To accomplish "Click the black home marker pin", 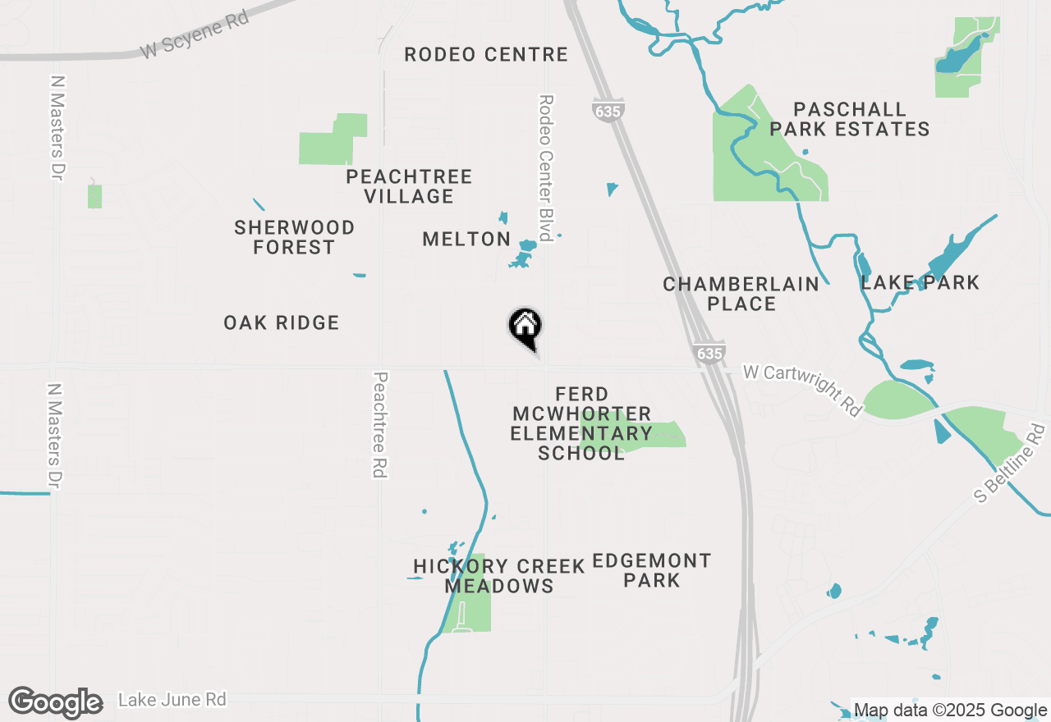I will [525, 327].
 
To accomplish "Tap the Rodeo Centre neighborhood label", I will [486, 54].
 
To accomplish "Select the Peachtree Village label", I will [409, 186].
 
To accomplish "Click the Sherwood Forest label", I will [294, 237].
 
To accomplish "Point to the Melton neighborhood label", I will [466, 239].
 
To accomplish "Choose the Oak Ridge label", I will [282, 322].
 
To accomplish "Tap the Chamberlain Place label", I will [741, 294].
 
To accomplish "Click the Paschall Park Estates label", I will [849, 119].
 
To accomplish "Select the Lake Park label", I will [920, 282].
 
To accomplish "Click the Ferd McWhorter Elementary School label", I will [581, 423].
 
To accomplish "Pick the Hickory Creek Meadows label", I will [499, 576].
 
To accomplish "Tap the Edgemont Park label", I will [652, 570].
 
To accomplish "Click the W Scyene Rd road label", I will [195, 34].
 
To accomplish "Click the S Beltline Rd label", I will [1012, 464].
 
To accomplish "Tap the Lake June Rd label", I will [172, 700].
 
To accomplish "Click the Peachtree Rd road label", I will [379, 424].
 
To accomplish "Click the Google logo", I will [56, 703].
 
